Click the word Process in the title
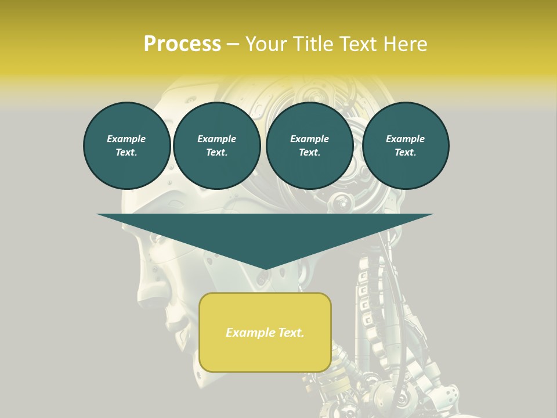pos(182,44)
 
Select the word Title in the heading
pos(316,44)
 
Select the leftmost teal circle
pos(127,146)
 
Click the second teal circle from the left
pos(217,146)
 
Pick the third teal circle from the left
pos(310,146)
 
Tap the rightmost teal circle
pos(406,146)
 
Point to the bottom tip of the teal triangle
pos(265,269)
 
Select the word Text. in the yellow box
pos(290,333)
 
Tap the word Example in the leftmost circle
pos(126,139)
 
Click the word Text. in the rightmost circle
pos(406,153)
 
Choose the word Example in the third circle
pos(310,139)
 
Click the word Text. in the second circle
pos(217,153)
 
